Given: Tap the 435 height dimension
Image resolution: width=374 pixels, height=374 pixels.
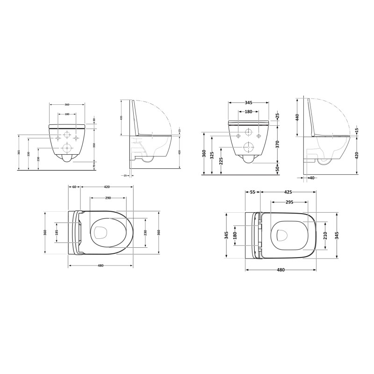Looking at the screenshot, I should (121, 117).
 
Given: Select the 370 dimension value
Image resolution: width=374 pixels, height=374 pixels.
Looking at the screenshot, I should (277, 144).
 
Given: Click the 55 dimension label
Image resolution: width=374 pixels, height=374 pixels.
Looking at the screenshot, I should (253, 192).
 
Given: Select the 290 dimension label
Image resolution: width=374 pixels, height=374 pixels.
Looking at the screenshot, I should (108, 198).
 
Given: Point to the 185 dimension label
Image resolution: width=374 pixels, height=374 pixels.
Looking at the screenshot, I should (57, 232).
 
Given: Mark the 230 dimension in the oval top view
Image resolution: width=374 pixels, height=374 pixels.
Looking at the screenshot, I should (145, 232).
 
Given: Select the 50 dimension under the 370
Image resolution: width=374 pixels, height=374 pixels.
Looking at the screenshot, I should (277, 168).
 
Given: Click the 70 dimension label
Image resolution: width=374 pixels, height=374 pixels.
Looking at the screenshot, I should (94, 165).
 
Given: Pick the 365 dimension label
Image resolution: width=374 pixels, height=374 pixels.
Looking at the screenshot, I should (19, 153).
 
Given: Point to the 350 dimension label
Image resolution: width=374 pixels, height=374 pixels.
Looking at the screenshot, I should (94, 145).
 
